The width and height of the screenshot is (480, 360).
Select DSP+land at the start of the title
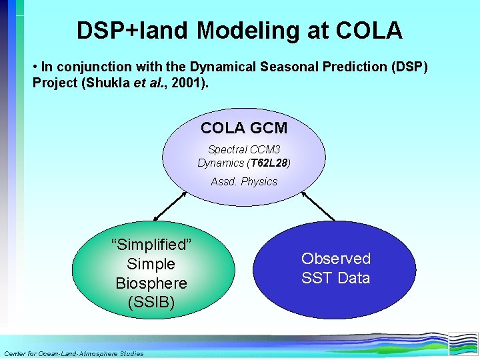[133, 31]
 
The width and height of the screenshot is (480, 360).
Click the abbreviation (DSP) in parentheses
[408, 67]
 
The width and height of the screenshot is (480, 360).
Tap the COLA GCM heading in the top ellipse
[244, 127]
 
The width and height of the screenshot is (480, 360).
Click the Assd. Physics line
[244, 181]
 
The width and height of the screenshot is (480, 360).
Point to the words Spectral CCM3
[244, 150]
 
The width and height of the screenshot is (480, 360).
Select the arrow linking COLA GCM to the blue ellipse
[318, 206]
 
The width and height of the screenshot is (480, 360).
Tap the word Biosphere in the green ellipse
[151, 283]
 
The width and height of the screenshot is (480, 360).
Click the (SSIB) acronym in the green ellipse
[151, 303]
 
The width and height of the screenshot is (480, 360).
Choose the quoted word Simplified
[151, 244]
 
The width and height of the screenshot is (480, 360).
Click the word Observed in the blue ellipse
[335, 259]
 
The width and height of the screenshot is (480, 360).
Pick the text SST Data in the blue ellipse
[335, 278]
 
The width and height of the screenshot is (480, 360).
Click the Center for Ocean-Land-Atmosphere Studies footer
[73, 353]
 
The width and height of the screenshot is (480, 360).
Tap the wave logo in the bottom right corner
[463, 343]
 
